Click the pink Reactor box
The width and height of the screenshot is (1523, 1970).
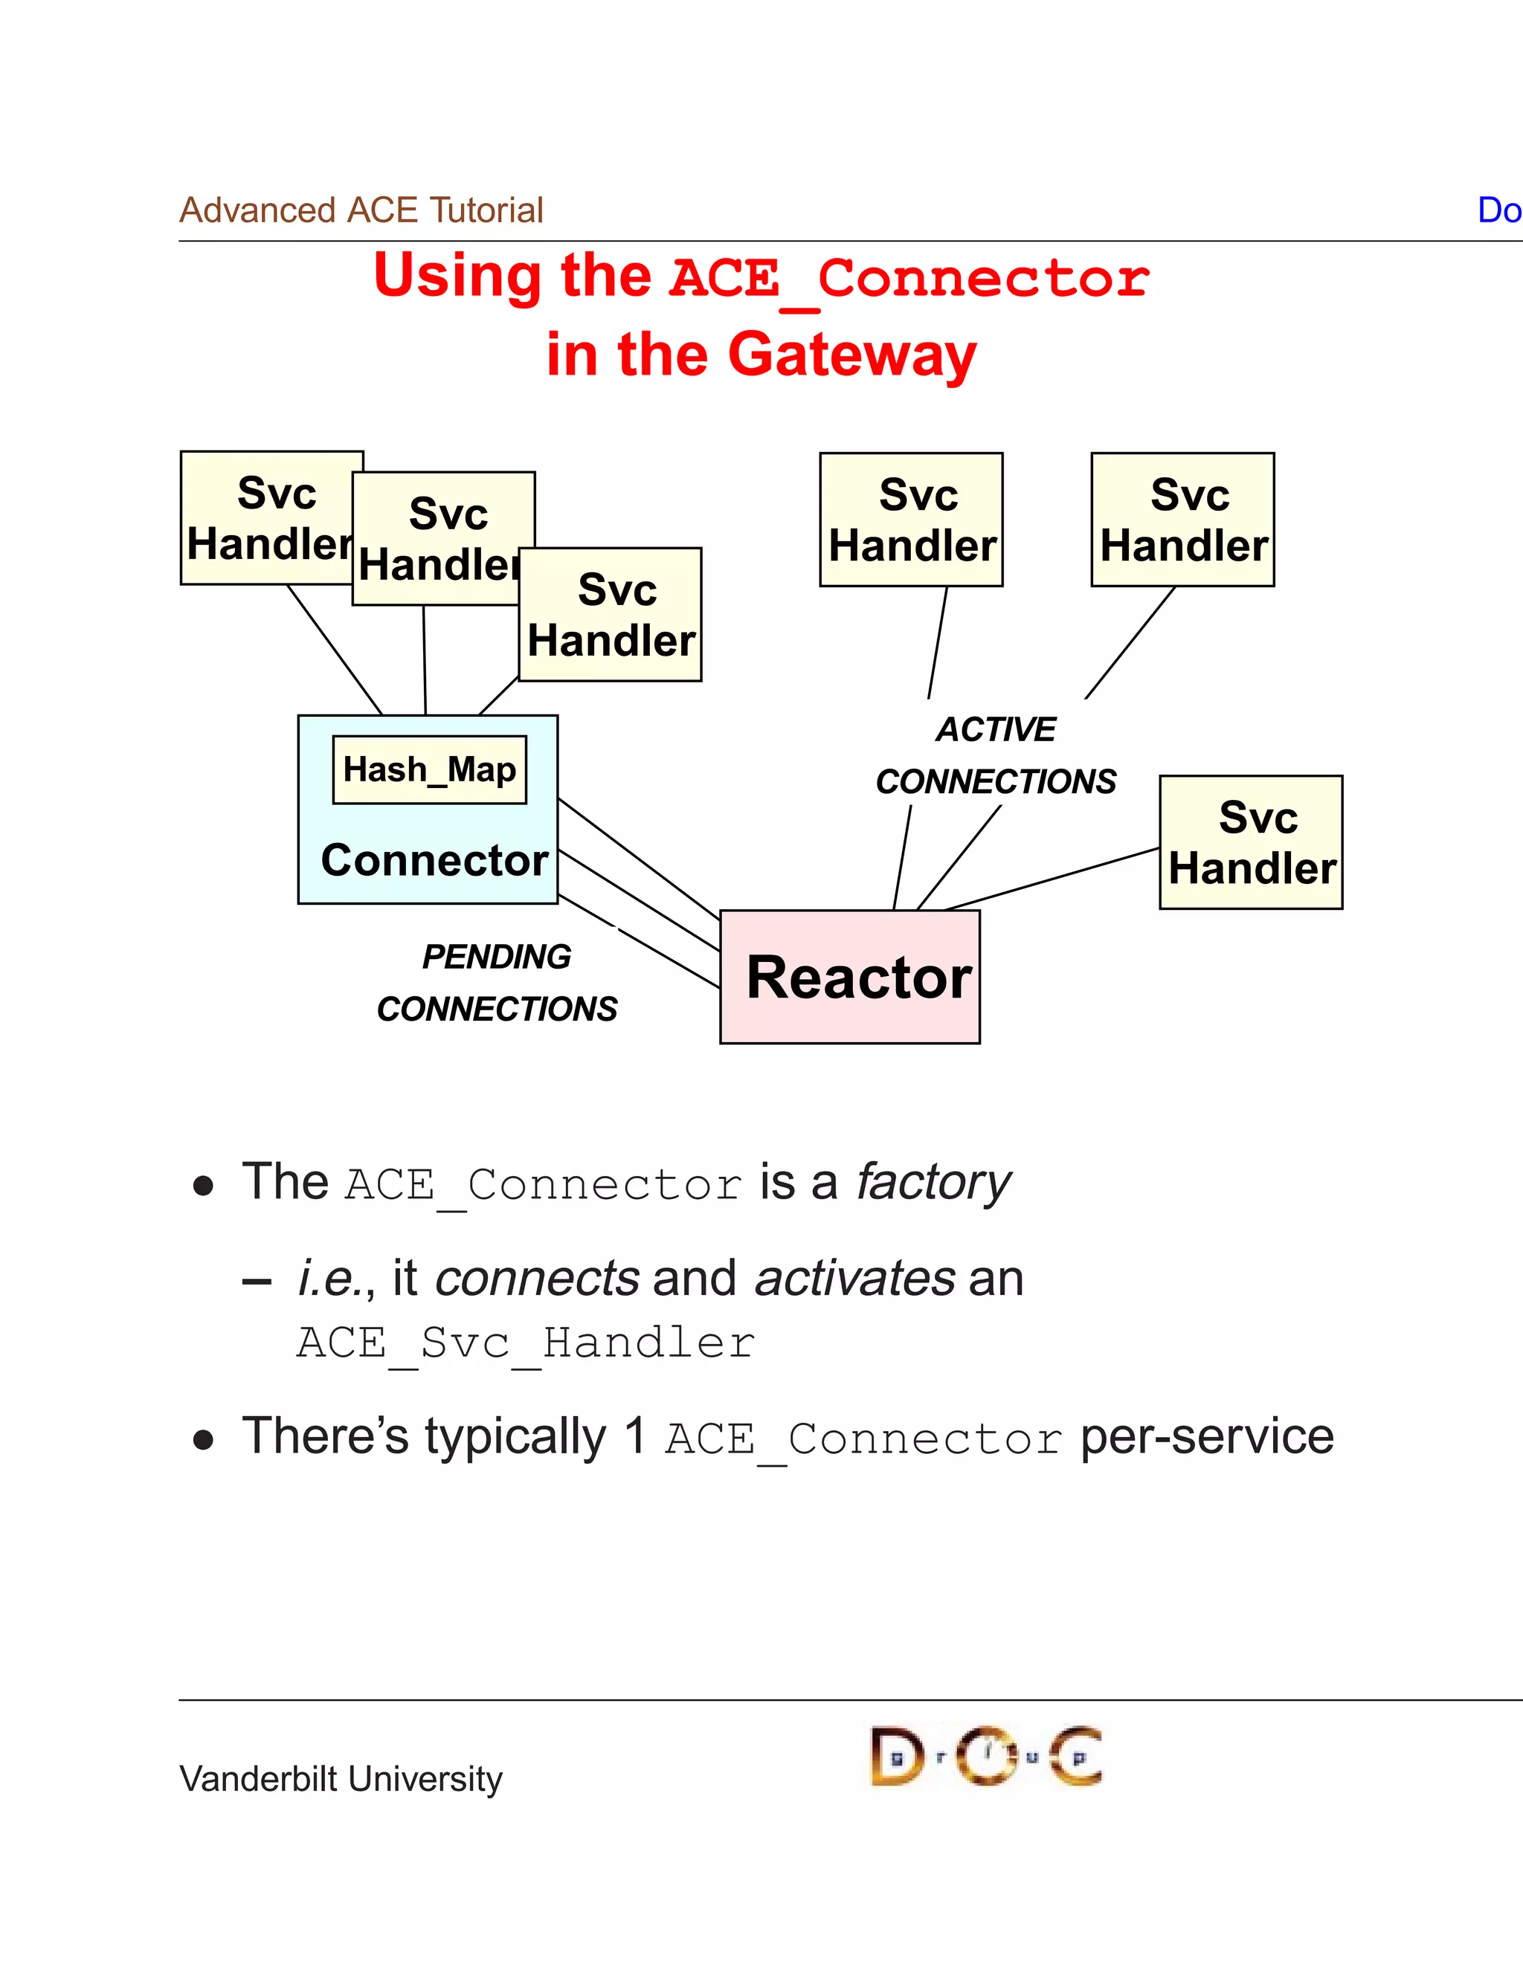click(x=849, y=977)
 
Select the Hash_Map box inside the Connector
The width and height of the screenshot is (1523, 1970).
click(x=430, y=769)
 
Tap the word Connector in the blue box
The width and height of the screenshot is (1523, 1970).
click(x=434, y=859)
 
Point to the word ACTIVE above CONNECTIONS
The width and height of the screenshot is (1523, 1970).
click(x=995, y=729)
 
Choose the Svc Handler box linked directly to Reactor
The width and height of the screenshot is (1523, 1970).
click(x=1251, y=842)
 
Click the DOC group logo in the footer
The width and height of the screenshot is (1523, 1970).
click(x=985, y=1755)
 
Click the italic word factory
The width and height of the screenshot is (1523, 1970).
click(x=933, y=1182)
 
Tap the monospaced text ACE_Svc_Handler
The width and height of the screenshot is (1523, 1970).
click(x=525, y=1343)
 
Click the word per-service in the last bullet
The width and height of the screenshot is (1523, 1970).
click(x=1206, y=1436)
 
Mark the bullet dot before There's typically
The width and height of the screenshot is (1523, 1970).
click(x=203, y=1441)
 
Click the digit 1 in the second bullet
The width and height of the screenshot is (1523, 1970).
click(x=635, y=1436)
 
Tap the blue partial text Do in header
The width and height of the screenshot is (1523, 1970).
click(x=1498, y=210)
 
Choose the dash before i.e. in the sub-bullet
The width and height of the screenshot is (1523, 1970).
click(x=257, y=1281)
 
